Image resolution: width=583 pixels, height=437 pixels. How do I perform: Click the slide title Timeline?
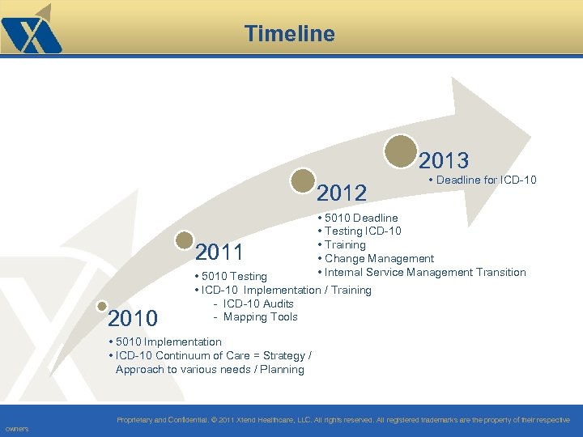289,33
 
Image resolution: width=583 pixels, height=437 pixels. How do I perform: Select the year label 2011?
219,253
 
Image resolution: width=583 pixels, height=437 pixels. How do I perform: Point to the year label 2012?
342,193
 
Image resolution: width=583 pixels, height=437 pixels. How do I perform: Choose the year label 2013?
444,159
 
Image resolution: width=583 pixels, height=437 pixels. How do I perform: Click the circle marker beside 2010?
102,306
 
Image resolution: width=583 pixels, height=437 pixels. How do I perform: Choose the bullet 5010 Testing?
234,277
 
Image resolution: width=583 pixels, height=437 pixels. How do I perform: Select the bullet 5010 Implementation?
168,342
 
